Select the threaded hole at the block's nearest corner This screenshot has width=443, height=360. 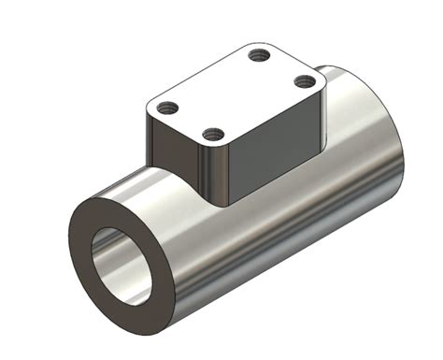click(212, 133)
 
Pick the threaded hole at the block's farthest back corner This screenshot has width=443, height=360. click(261, 56)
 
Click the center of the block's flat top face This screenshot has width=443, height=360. click(236, 94)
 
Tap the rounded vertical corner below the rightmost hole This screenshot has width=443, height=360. click(319, 122)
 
